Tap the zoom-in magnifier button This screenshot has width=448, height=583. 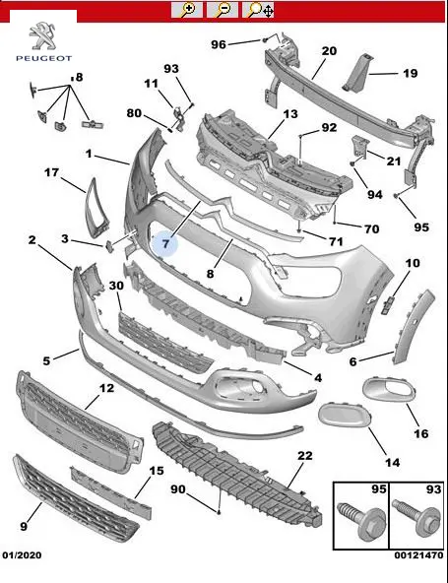pyautogui.click(x=187, y=9)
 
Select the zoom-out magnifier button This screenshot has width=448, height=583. pyautogui.click(x=223, y=9)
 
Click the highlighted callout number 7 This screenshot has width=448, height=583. pyautogui.click(x=165, y=243)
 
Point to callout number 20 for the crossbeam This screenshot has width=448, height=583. pyautogui.click(x=329, y=51)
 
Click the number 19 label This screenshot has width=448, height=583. pyautogui.click(x=410, y=73)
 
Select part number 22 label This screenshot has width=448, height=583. pyautogui.click(x=305, y=455)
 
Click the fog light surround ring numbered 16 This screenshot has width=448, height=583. pyautogui.click(x=390, y=390)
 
